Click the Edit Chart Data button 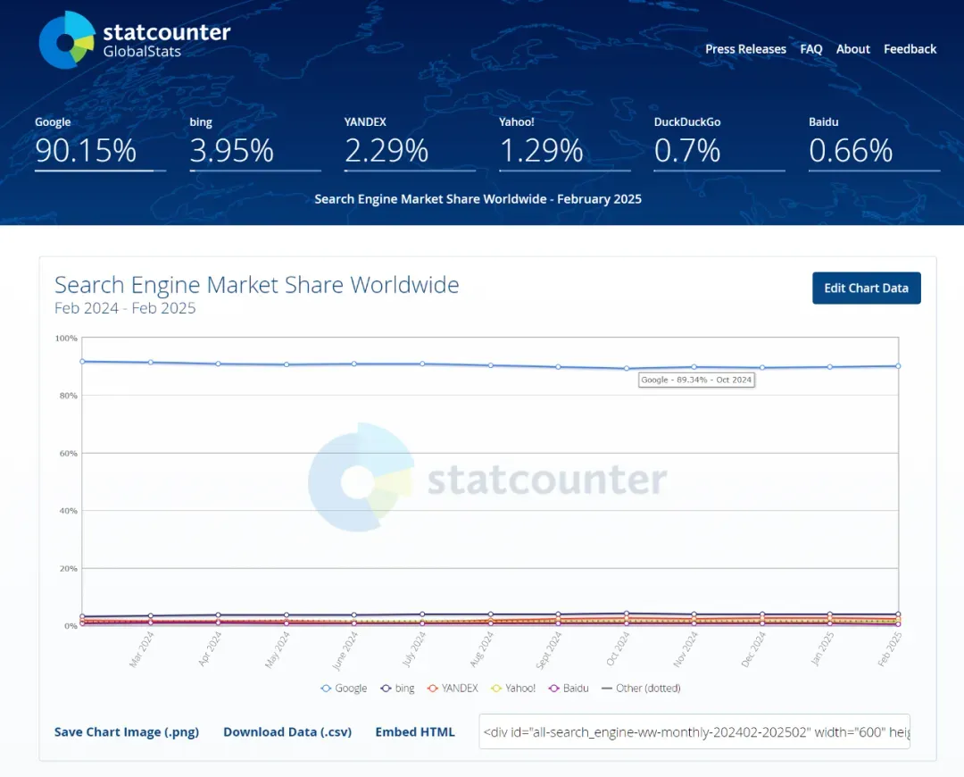(x=866, y=288)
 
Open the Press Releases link (x=745, y=49)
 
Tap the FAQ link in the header (x=810, y=49)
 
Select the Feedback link (x=910, y=49)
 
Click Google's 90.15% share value (x=86, y=150)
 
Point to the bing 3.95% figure (x=231, y=150)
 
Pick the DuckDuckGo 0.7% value (x=686, y=150)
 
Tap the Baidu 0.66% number (x=851, y=150)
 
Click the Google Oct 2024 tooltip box (x=696, y=380)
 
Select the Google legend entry (x=345, y=688)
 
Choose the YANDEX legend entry (x=453, y=688)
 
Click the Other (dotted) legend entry (x=641, y=688)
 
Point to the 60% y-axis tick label (x=68, y=454)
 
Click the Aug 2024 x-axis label (x=481, y=649)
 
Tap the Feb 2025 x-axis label (x=889, y=649)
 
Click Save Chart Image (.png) (x=127, y=731)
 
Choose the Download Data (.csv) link (x=287, y=731)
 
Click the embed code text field (x=694, y=731)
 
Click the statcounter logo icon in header (x=67, y=40)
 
